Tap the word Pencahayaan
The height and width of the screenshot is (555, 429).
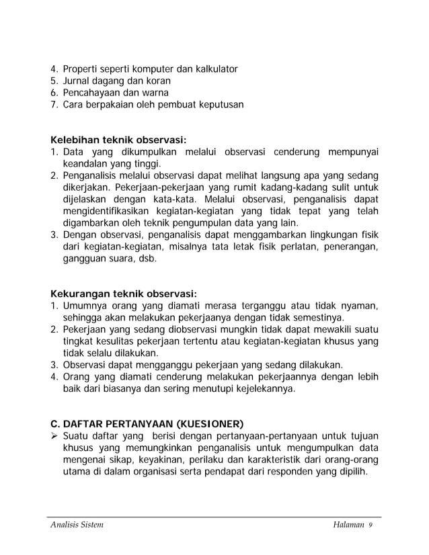[91, 93]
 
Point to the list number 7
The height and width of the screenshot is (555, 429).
[55, 105]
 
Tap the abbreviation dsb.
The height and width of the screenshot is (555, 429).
[146, 259]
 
